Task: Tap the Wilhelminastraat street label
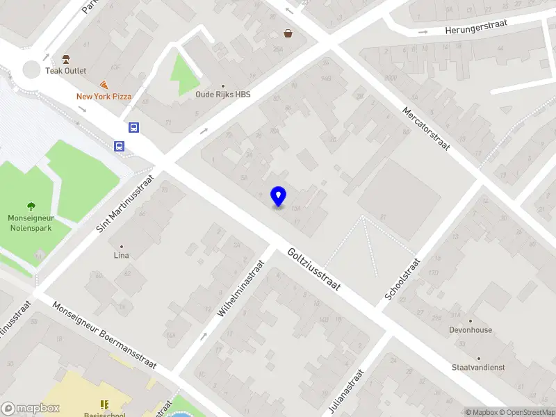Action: coord(241,289)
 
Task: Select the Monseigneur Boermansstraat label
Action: coord(104,338)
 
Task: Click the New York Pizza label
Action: coord(104,97)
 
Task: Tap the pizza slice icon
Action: coord(104,84)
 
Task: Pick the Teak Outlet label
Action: coord(66,70)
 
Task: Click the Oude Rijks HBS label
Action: coord(222,95)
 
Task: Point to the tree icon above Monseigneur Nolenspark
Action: coord(31,206)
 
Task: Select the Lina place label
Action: coord(122,255)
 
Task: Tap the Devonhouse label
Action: coord(471,330)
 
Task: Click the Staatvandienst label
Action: coord(477,367)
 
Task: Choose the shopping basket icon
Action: coord(288,33)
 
